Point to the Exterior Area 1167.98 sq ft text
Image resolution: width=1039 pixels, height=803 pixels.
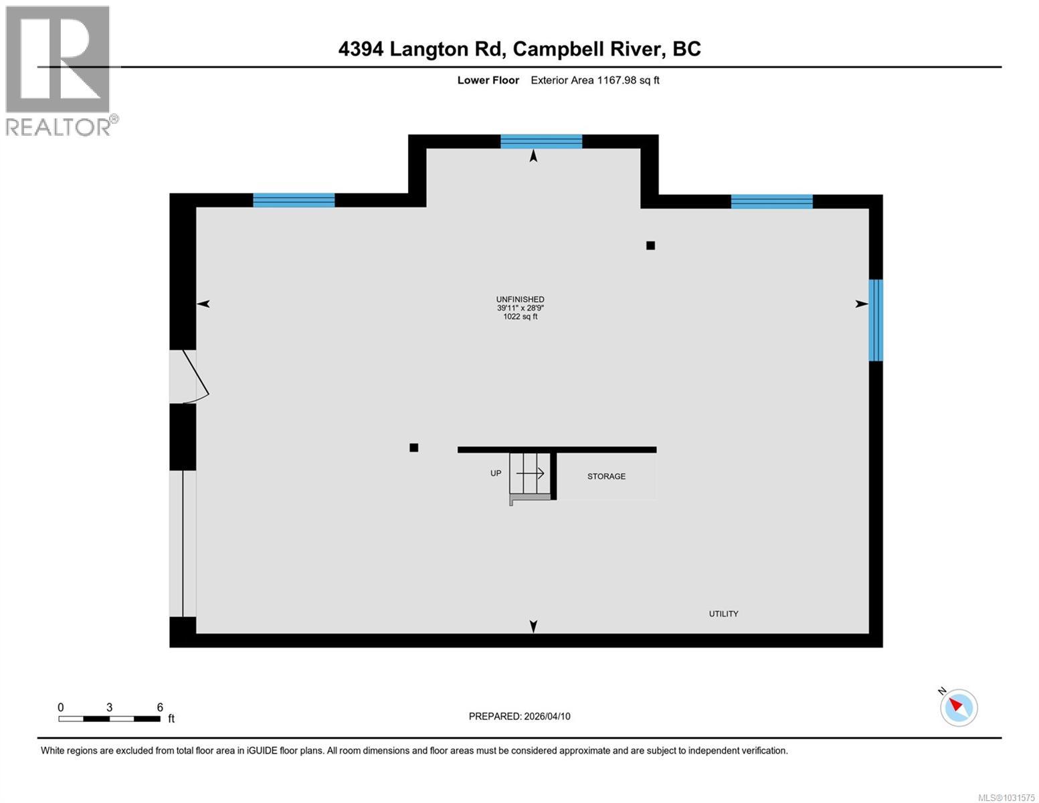click(595, 80)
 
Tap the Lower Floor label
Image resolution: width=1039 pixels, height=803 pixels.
click(488, 80)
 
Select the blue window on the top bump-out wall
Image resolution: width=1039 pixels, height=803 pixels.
click(541, 141)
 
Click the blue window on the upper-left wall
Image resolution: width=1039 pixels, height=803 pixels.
click(294, 200)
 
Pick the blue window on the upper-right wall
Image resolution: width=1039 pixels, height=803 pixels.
click(771, 201)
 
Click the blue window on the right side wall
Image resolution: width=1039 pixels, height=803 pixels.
click(875, 320)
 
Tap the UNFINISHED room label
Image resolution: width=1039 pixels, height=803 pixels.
click(520, 299)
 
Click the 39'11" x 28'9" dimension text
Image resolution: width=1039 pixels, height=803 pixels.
click(520, 308)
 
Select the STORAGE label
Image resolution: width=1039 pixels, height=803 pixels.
click(606, 476)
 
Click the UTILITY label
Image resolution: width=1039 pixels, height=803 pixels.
click(723, 614)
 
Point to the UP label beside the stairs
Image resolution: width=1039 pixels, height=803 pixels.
click(496, 473)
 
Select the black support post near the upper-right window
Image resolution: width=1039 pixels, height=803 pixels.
click(650, 246)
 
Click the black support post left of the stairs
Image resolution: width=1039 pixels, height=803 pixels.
click(414, 448)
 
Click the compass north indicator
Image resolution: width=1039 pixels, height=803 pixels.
click(959, 707)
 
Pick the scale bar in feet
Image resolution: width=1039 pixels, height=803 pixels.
click(109, 719)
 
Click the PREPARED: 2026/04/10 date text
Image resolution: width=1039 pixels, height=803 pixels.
click(519, 716)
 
